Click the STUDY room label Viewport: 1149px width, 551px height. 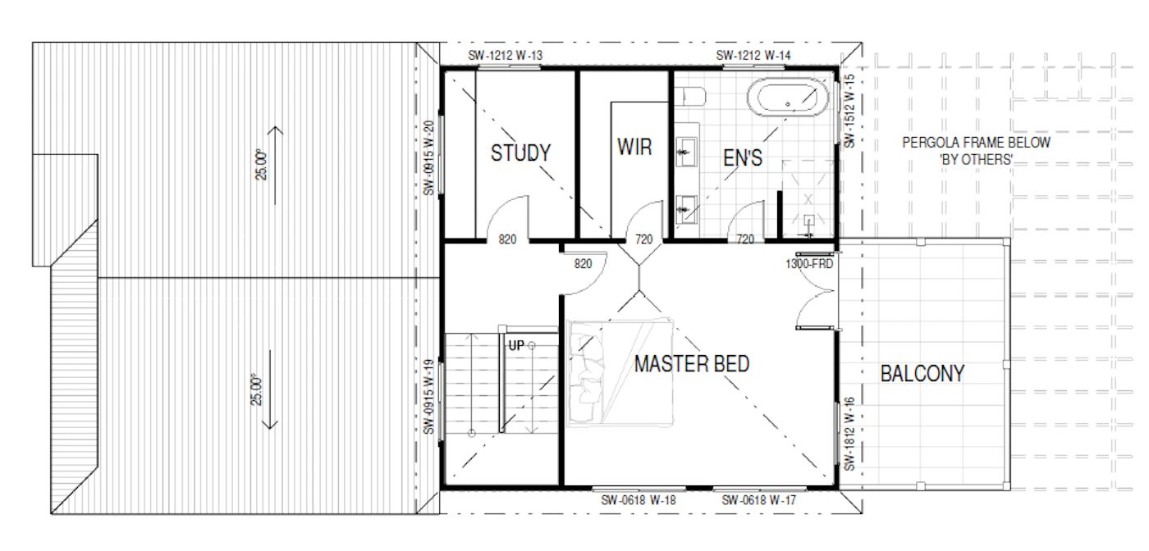tap(520, 153)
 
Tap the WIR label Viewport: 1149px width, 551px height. tap(634, 147)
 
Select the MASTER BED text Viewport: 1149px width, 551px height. tap(691, 364)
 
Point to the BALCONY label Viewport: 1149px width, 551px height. tap(922, 373)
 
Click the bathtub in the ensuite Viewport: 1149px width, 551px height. tap(787, 98)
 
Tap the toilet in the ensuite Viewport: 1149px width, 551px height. tap(689, 97)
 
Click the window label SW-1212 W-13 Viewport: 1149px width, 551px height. tap(505, 56)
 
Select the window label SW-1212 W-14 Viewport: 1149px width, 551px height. tap(753, 56)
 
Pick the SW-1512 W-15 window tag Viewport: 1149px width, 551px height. tap(849, 111)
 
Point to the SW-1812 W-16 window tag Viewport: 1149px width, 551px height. tap(849, 434)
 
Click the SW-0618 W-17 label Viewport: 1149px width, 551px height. tap(758, 499)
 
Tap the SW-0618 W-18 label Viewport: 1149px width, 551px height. tap(639, 499)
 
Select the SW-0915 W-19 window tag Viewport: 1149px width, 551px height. tap(428, 397)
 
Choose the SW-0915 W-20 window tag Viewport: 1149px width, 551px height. tap(428, 158)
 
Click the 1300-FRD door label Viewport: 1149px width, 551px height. tap(809, 264)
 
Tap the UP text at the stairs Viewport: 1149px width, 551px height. tap(516, 345)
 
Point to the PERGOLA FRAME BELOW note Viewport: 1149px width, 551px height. tap(976, 143)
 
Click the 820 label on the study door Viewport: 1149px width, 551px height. tap(507, 239)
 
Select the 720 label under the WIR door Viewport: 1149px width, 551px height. tap(643, 239)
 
